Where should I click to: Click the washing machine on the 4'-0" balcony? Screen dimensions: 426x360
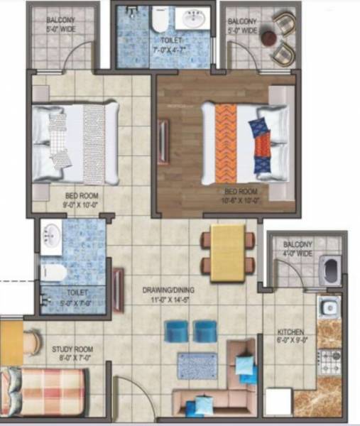pyautogui.click(x=331, y=270)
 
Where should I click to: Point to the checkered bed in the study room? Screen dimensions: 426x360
pyautogui.click(x=44, y=391)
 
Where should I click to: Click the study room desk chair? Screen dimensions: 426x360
pyautogui.click(x=30, y=343)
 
